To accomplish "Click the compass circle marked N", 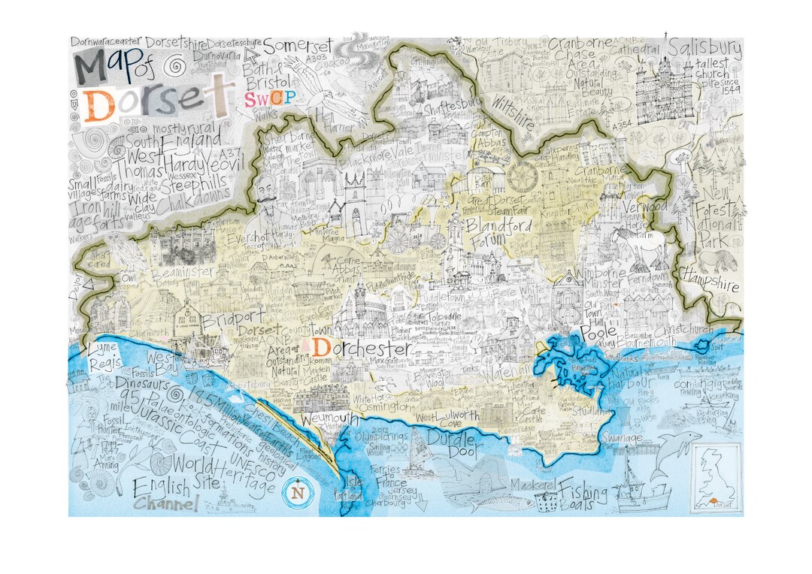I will pos(298,492).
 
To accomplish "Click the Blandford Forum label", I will pos(498,232).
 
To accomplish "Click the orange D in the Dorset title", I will pos(99,105).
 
